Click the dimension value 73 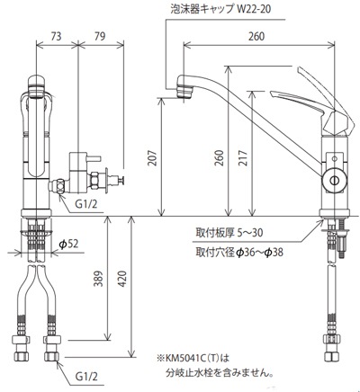56,36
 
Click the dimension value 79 100,36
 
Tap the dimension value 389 98,279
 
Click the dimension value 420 122,279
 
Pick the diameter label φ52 68,245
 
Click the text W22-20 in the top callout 254,9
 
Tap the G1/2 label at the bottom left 86,377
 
